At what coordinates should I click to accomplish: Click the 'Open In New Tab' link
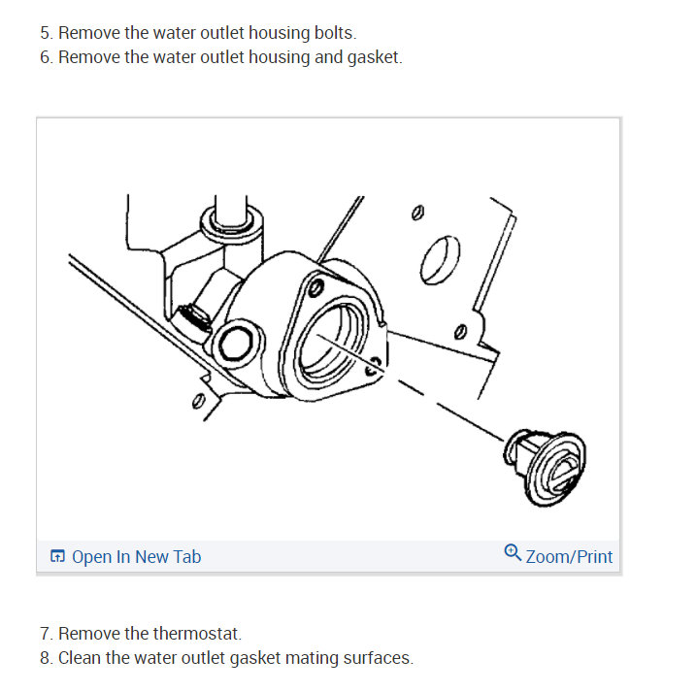tap(137, 557)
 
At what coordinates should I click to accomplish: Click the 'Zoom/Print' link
tap(569, 557)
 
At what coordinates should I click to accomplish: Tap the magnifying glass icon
tap(513, 553)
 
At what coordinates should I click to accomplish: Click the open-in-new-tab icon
tap(57, 556)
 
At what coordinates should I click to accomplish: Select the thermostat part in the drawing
tap(545, 468)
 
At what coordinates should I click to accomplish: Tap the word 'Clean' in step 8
tap(80, 658)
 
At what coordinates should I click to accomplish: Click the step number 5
tap(46, 33)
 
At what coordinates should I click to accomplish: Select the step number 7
tap(46, 634)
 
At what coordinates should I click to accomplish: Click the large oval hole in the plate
tap(440, 260)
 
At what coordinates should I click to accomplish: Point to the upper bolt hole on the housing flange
tap(316, 288)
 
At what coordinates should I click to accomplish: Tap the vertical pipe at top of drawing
tap(231, 211)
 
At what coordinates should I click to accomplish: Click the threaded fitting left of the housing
tap(194, 315)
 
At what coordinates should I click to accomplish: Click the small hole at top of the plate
tap(417, 213)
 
